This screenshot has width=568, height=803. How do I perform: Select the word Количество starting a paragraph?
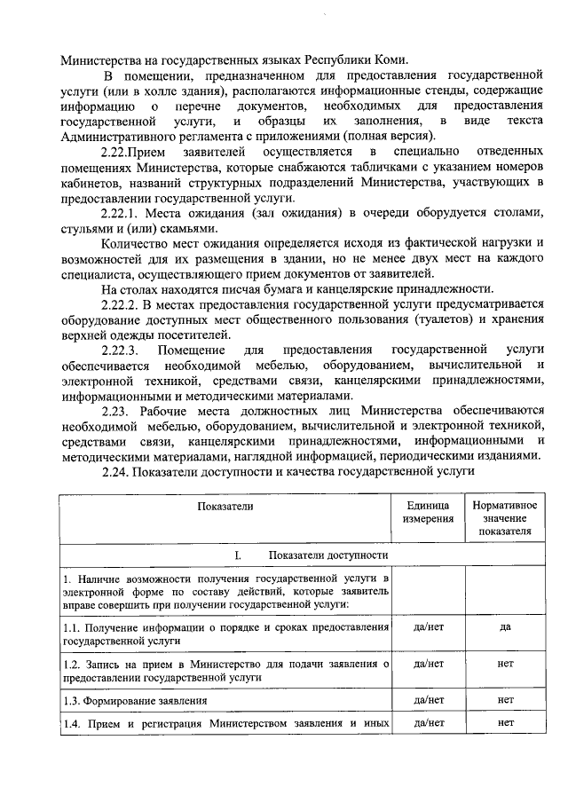pos(138,243)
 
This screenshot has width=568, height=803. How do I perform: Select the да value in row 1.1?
pos(506,627)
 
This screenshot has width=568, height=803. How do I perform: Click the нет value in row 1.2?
pos(506,663)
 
